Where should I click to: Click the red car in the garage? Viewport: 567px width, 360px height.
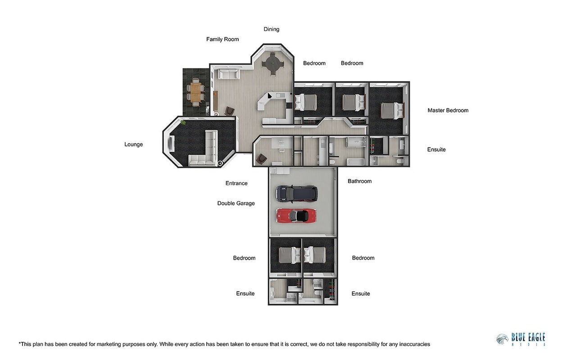[x=296, y=216]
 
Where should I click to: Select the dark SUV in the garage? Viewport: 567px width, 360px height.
[x=296, y=194]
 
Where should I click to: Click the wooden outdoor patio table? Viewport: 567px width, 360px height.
[x=195, y=92]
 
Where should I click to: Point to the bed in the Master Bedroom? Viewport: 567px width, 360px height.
[x=392, y=111]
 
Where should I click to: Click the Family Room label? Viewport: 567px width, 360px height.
[x=222, y=39]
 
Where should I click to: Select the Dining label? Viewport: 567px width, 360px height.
[x=272, y=29]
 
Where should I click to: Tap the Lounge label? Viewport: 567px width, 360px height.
[x=133, y=144]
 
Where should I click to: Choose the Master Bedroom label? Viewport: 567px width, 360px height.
[x=448, y=110]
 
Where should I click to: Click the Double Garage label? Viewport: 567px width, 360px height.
[x=236, y=203]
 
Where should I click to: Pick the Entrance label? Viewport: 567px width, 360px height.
[x=236, y=183]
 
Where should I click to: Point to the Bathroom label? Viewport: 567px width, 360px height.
[x=359, y=181]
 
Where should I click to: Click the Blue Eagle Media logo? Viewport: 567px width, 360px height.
[x=521, y=339]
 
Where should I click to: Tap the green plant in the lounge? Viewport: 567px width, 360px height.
[x=183, y=123]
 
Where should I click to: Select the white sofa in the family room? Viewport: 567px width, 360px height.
[x=228, y=74]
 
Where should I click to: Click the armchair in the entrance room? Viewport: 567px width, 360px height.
[x=261, y=159]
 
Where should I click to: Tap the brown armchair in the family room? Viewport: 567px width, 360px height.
[x=230, y=111]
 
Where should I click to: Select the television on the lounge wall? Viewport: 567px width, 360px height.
[x=171, y=144]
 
